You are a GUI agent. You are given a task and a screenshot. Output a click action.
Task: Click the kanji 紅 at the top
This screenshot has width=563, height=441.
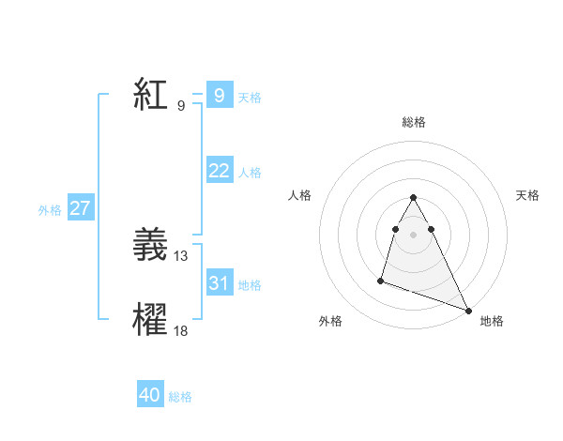pyautogui.click(x=150, y=96)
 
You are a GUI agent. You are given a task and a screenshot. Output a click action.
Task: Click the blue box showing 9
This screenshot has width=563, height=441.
pyautogui.click(x=219, y=96)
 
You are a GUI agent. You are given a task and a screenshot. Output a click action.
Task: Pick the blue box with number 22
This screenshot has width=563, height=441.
pyautogui.click(x=219, y=171)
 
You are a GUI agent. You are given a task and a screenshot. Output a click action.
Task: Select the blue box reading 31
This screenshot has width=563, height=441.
pyautogui.click(x=219, y=283)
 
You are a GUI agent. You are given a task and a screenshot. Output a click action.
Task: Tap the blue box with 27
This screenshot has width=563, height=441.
pyautogui.click(x=80, y=208)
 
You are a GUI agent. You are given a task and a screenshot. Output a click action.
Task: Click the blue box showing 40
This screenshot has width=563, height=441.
pyautogui.click(x=150, y=396)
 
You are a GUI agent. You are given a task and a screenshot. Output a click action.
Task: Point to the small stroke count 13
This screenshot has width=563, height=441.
pyautogui.click(x=181, y=256)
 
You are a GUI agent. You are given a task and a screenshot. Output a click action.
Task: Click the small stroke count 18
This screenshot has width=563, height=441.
pyautogui.click(x=181, y=329)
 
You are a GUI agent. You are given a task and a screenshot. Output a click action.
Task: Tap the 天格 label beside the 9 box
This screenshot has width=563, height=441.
pyautogui.click(x=250, y=98)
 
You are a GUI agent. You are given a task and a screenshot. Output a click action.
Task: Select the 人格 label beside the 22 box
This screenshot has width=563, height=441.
pyautogui.click(x=250, y=173)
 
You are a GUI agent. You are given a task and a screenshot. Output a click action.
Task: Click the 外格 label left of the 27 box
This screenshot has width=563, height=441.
pyautogui.click(x=50, y=210)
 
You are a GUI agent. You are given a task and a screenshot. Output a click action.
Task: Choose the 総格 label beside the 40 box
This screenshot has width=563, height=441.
pyautogui.click(x=180, y=398)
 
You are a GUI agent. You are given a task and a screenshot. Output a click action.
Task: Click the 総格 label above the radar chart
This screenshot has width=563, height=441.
pyautogui.click(x=414, y=123)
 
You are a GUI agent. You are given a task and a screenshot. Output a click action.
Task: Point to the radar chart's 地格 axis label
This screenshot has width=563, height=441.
pyautogui.click(x=492, y=321)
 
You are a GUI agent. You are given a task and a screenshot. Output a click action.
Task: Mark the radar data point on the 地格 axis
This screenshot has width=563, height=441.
pyautogui.click(x=468, y=311)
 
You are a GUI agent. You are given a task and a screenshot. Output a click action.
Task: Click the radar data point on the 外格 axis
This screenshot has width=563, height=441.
pyautogui.click(x=381, y=280)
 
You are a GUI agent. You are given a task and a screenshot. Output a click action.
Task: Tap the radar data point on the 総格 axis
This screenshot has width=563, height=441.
pyautogui.click(x=414, y=198)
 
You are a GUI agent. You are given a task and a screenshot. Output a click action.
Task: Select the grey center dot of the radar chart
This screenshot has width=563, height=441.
pyautogui.click(x=414, y=235)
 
